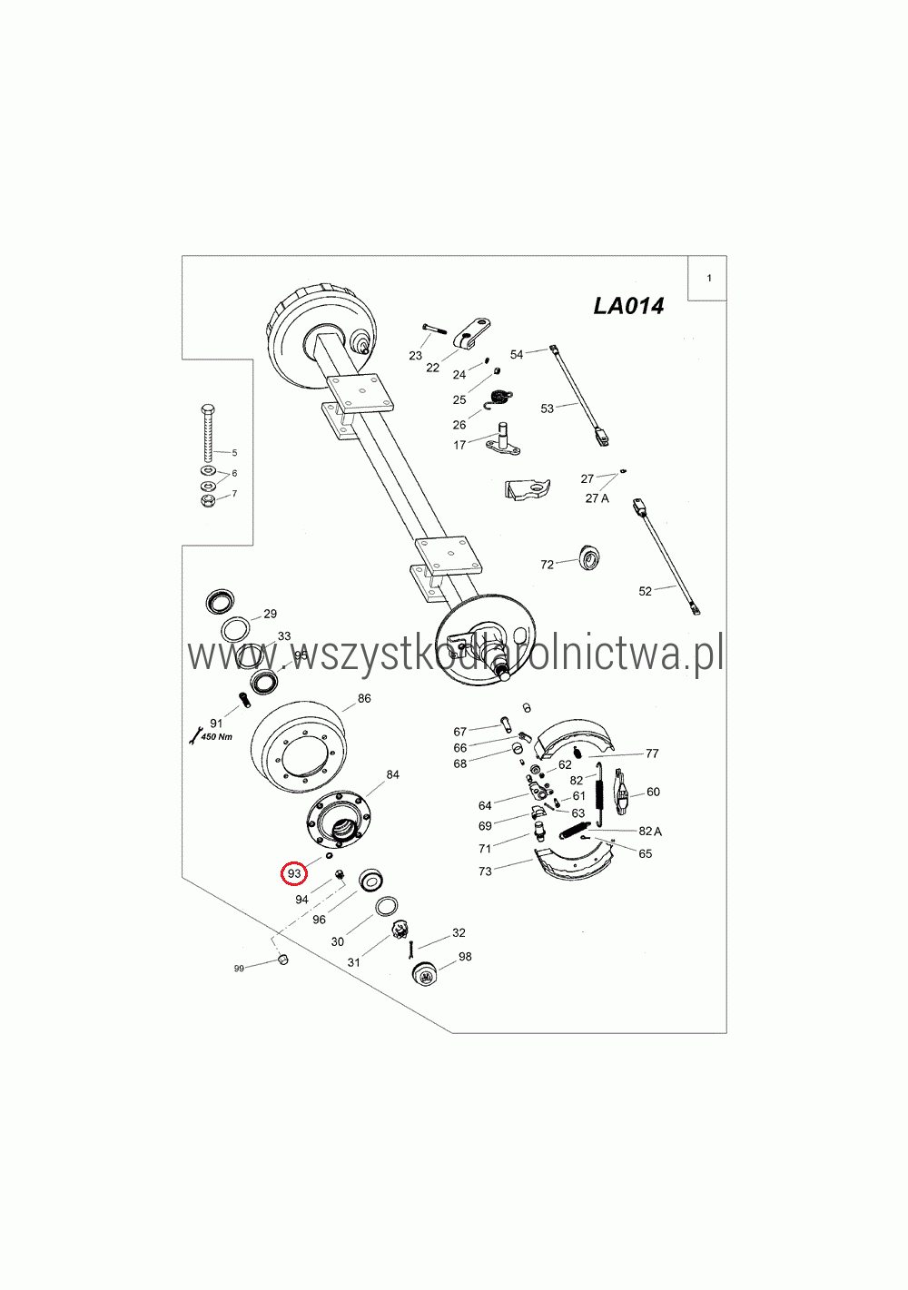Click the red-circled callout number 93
pyautogui.click(x=294, y=873)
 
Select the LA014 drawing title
pyautogui.click(x=628, y=306)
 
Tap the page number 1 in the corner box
pyautogui.click(x=709, y=278)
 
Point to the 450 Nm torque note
pyautogui.click(x=217, y=736)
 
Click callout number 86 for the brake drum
pyautogui.click(x=364, y=698)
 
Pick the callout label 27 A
pyautogui.click(x=597, y=498)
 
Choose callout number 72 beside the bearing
pyautogui.click(x=547, y=565)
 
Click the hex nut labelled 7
pyautogui.click(x=208, y=500)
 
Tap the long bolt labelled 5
pyautogui.click(x=207, y=433)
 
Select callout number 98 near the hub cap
pyautogui.click(x=465, y=957)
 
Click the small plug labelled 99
pyautogui.click(x=282, y=960)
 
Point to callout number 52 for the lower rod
pyautogui.click(x=646, y=592)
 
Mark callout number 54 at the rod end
pyautogui.click(x=517, y=355)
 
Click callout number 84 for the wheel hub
pyautogui.click(x=393, y=774)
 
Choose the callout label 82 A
pyautogui.click(x=650, y=831)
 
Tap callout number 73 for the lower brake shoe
pyautogui.click(x=485, y=871)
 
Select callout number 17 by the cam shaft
pyautogui.click(x=459, y=445)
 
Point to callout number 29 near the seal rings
pyautogui.click(x=271, y=614)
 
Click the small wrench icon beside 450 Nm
pyautogui.click(x=194, y=735)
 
